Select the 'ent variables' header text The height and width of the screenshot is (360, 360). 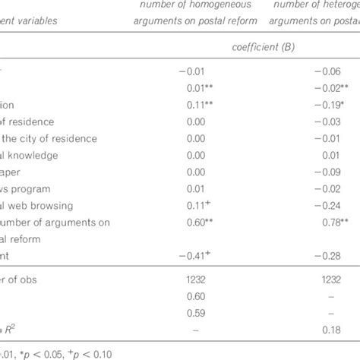(x=42, y=19)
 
